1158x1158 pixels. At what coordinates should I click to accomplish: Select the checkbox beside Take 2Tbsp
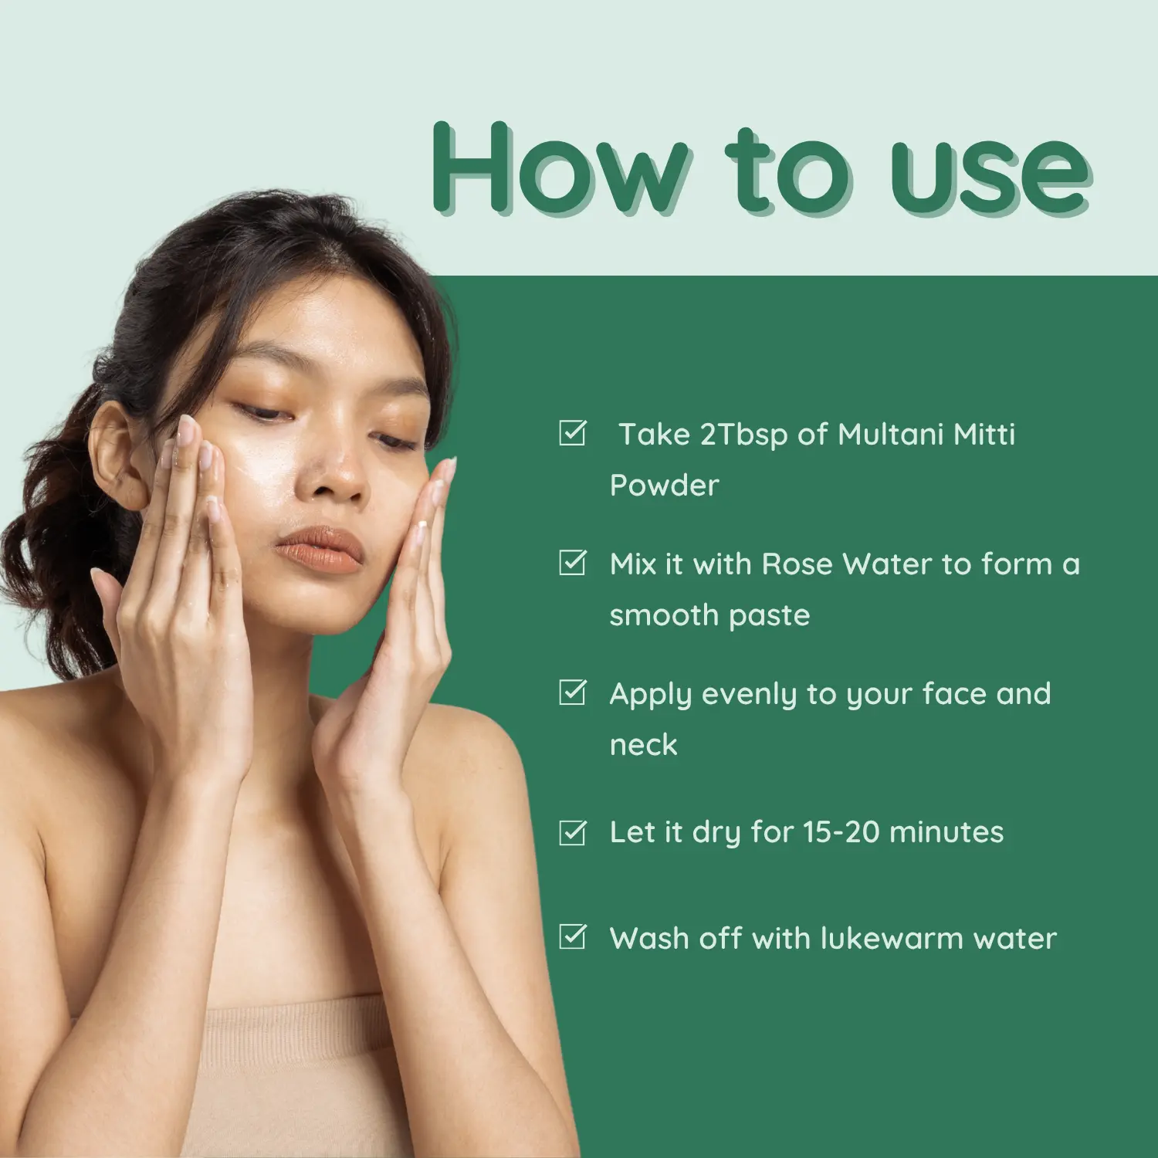pos(573,433)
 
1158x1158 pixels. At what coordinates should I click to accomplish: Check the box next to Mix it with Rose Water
pos(573,563)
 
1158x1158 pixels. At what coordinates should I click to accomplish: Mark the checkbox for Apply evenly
pos(573,692)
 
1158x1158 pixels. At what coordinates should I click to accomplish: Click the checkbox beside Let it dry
pos(573,832)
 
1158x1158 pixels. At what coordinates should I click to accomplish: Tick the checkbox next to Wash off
pos(573,937)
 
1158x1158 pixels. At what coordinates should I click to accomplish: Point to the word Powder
pos(665,486)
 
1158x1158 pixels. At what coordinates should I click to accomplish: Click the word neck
pos(644,745)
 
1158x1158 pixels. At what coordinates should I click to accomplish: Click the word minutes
pos(946,832)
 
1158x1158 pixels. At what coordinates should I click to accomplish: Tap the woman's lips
pos(319,549)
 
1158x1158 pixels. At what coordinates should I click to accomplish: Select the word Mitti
pos(984,435)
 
